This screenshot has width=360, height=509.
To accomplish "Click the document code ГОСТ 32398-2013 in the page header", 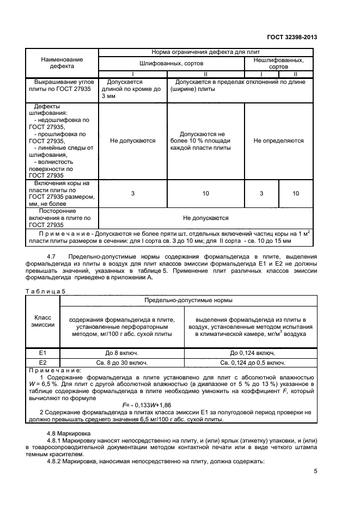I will point(292,37).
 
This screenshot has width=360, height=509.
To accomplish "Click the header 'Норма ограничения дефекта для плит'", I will point(205,53).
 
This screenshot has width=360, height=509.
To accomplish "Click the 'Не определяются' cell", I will point(279,140).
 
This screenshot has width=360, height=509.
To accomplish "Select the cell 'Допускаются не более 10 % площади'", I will point(205,140).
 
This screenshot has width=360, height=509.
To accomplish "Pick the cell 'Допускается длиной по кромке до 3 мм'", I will point(132,89).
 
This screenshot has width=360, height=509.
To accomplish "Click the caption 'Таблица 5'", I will point(45,291).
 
